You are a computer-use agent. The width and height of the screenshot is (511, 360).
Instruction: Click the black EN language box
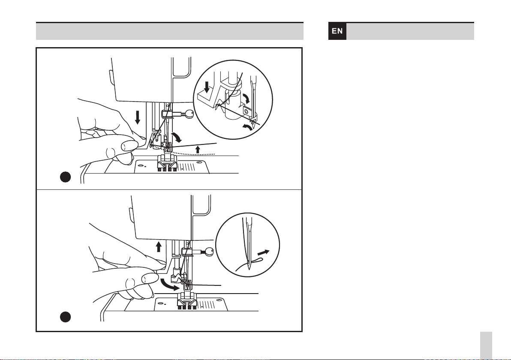337,31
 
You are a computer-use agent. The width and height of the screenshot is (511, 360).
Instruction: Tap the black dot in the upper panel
66,177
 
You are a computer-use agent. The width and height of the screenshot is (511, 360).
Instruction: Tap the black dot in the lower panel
66,317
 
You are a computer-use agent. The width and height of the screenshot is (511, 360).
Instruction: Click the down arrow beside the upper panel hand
138,117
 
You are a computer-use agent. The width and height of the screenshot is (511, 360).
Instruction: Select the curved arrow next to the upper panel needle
177,137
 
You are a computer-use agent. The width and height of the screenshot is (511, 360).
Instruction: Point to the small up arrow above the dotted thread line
198,150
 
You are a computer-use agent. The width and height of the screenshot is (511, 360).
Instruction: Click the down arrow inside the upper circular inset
207,87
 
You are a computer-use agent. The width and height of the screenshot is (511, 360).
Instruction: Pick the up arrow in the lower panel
159,246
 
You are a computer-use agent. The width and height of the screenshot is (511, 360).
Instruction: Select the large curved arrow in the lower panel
169,285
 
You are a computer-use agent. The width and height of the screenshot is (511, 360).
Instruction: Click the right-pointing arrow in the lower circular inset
263,252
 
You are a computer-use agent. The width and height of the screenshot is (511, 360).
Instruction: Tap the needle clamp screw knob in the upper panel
189,114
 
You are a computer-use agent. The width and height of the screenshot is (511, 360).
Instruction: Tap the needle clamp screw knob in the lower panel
209,252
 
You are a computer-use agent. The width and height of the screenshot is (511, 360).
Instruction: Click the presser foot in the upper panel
167,163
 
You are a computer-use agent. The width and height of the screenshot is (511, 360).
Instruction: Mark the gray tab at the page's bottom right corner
486,346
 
